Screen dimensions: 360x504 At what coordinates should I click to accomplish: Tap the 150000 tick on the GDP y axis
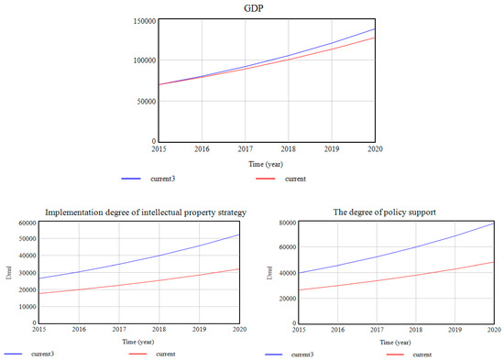140,20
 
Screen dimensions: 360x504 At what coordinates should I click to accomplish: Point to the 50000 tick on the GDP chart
142,101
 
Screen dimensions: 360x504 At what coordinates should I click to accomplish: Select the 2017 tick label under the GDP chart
246,148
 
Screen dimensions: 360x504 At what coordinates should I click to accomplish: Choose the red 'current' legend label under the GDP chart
295,179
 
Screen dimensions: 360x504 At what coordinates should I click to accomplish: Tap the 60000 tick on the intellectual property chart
22,223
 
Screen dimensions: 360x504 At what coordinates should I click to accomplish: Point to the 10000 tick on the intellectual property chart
22,306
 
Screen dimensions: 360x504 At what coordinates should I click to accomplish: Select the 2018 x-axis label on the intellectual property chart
161,327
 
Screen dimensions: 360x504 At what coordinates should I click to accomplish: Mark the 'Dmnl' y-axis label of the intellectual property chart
7,272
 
